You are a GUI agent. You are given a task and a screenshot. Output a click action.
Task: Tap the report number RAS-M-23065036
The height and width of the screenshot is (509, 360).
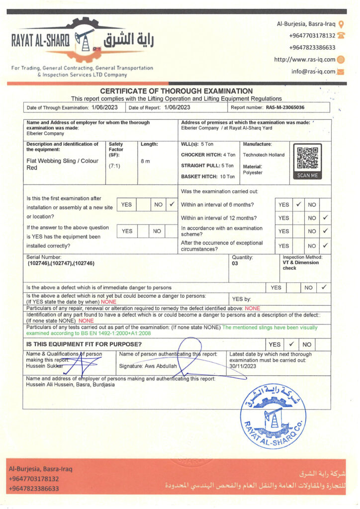285,107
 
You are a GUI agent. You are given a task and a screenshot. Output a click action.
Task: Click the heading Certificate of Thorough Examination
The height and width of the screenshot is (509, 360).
177,91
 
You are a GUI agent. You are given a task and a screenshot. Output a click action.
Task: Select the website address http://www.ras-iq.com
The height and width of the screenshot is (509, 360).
305,60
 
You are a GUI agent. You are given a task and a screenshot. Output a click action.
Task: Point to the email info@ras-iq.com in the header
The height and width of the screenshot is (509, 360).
313,71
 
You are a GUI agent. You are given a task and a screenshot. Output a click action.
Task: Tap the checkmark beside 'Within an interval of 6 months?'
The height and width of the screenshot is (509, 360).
298,204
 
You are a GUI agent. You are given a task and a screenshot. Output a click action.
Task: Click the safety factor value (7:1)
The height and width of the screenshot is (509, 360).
114,166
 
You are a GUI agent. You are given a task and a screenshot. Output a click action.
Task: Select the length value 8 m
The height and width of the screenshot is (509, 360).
145,161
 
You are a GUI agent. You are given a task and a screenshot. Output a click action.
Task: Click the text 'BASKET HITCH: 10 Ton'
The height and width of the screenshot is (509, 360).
208,176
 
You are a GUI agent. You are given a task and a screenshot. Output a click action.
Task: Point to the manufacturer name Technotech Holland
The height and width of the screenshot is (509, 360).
264,155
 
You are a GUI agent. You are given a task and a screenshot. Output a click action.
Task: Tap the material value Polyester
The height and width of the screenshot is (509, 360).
253,172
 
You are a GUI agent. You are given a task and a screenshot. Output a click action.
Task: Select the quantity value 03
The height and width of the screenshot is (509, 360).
235,263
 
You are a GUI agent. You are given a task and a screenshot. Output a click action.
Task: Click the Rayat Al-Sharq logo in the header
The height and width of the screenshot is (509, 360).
82,40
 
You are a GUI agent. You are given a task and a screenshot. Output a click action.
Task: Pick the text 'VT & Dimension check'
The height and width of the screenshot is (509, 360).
300,265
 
